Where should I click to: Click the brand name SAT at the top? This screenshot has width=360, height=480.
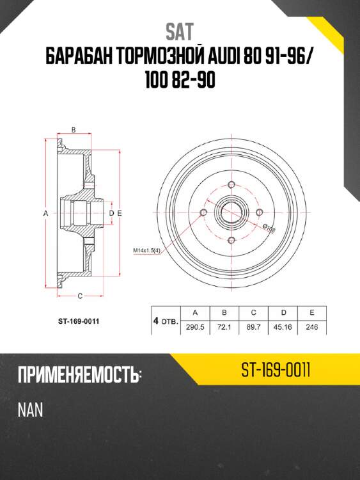point(180,30)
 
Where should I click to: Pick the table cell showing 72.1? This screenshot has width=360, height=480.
point(224,327)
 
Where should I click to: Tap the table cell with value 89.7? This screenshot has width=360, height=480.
point(254,327)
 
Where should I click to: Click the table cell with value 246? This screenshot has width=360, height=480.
point(311,327)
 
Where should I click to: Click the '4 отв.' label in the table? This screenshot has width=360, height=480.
point(165,320)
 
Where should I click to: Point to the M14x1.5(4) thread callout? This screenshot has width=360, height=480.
point(148,250)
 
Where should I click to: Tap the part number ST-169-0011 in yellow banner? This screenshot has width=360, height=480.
point(276,370)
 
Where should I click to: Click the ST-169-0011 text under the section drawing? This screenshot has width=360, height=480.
point(77,321)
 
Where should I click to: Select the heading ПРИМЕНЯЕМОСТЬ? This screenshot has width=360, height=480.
point(79,375)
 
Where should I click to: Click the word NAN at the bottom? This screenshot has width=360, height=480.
point(30,409)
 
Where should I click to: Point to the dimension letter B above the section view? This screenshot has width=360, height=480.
point(74,130)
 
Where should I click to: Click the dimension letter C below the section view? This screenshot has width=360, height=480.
point(79,295)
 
